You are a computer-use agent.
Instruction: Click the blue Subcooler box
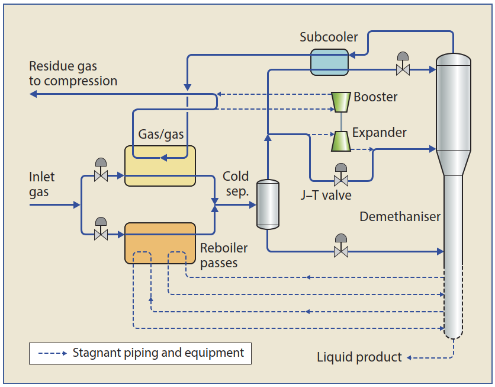(x=330, y=62)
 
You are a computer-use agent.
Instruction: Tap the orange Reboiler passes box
(x=160, y=242)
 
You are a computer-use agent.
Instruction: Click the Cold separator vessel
(x=267, y=204)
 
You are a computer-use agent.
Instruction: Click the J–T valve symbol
(x=340, y=179)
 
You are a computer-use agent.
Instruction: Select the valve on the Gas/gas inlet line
(x=101, y=175)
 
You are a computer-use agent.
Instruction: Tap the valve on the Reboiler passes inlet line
(x=101, y=234)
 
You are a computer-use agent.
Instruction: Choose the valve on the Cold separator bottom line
(x=340, y=251)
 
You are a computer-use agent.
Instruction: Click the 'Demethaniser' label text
(x=400, y=217)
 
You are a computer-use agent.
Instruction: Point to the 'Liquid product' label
(x=359, y=357)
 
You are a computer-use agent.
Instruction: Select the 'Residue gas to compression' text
(x=73, y=73)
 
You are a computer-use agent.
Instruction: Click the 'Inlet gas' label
(x=41, y=184)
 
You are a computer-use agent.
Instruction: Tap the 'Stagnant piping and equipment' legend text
(x=158, y=353)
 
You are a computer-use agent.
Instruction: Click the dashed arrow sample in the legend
(x=52, y=354)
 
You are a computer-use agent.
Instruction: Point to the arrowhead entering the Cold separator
(x=252, y=204)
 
